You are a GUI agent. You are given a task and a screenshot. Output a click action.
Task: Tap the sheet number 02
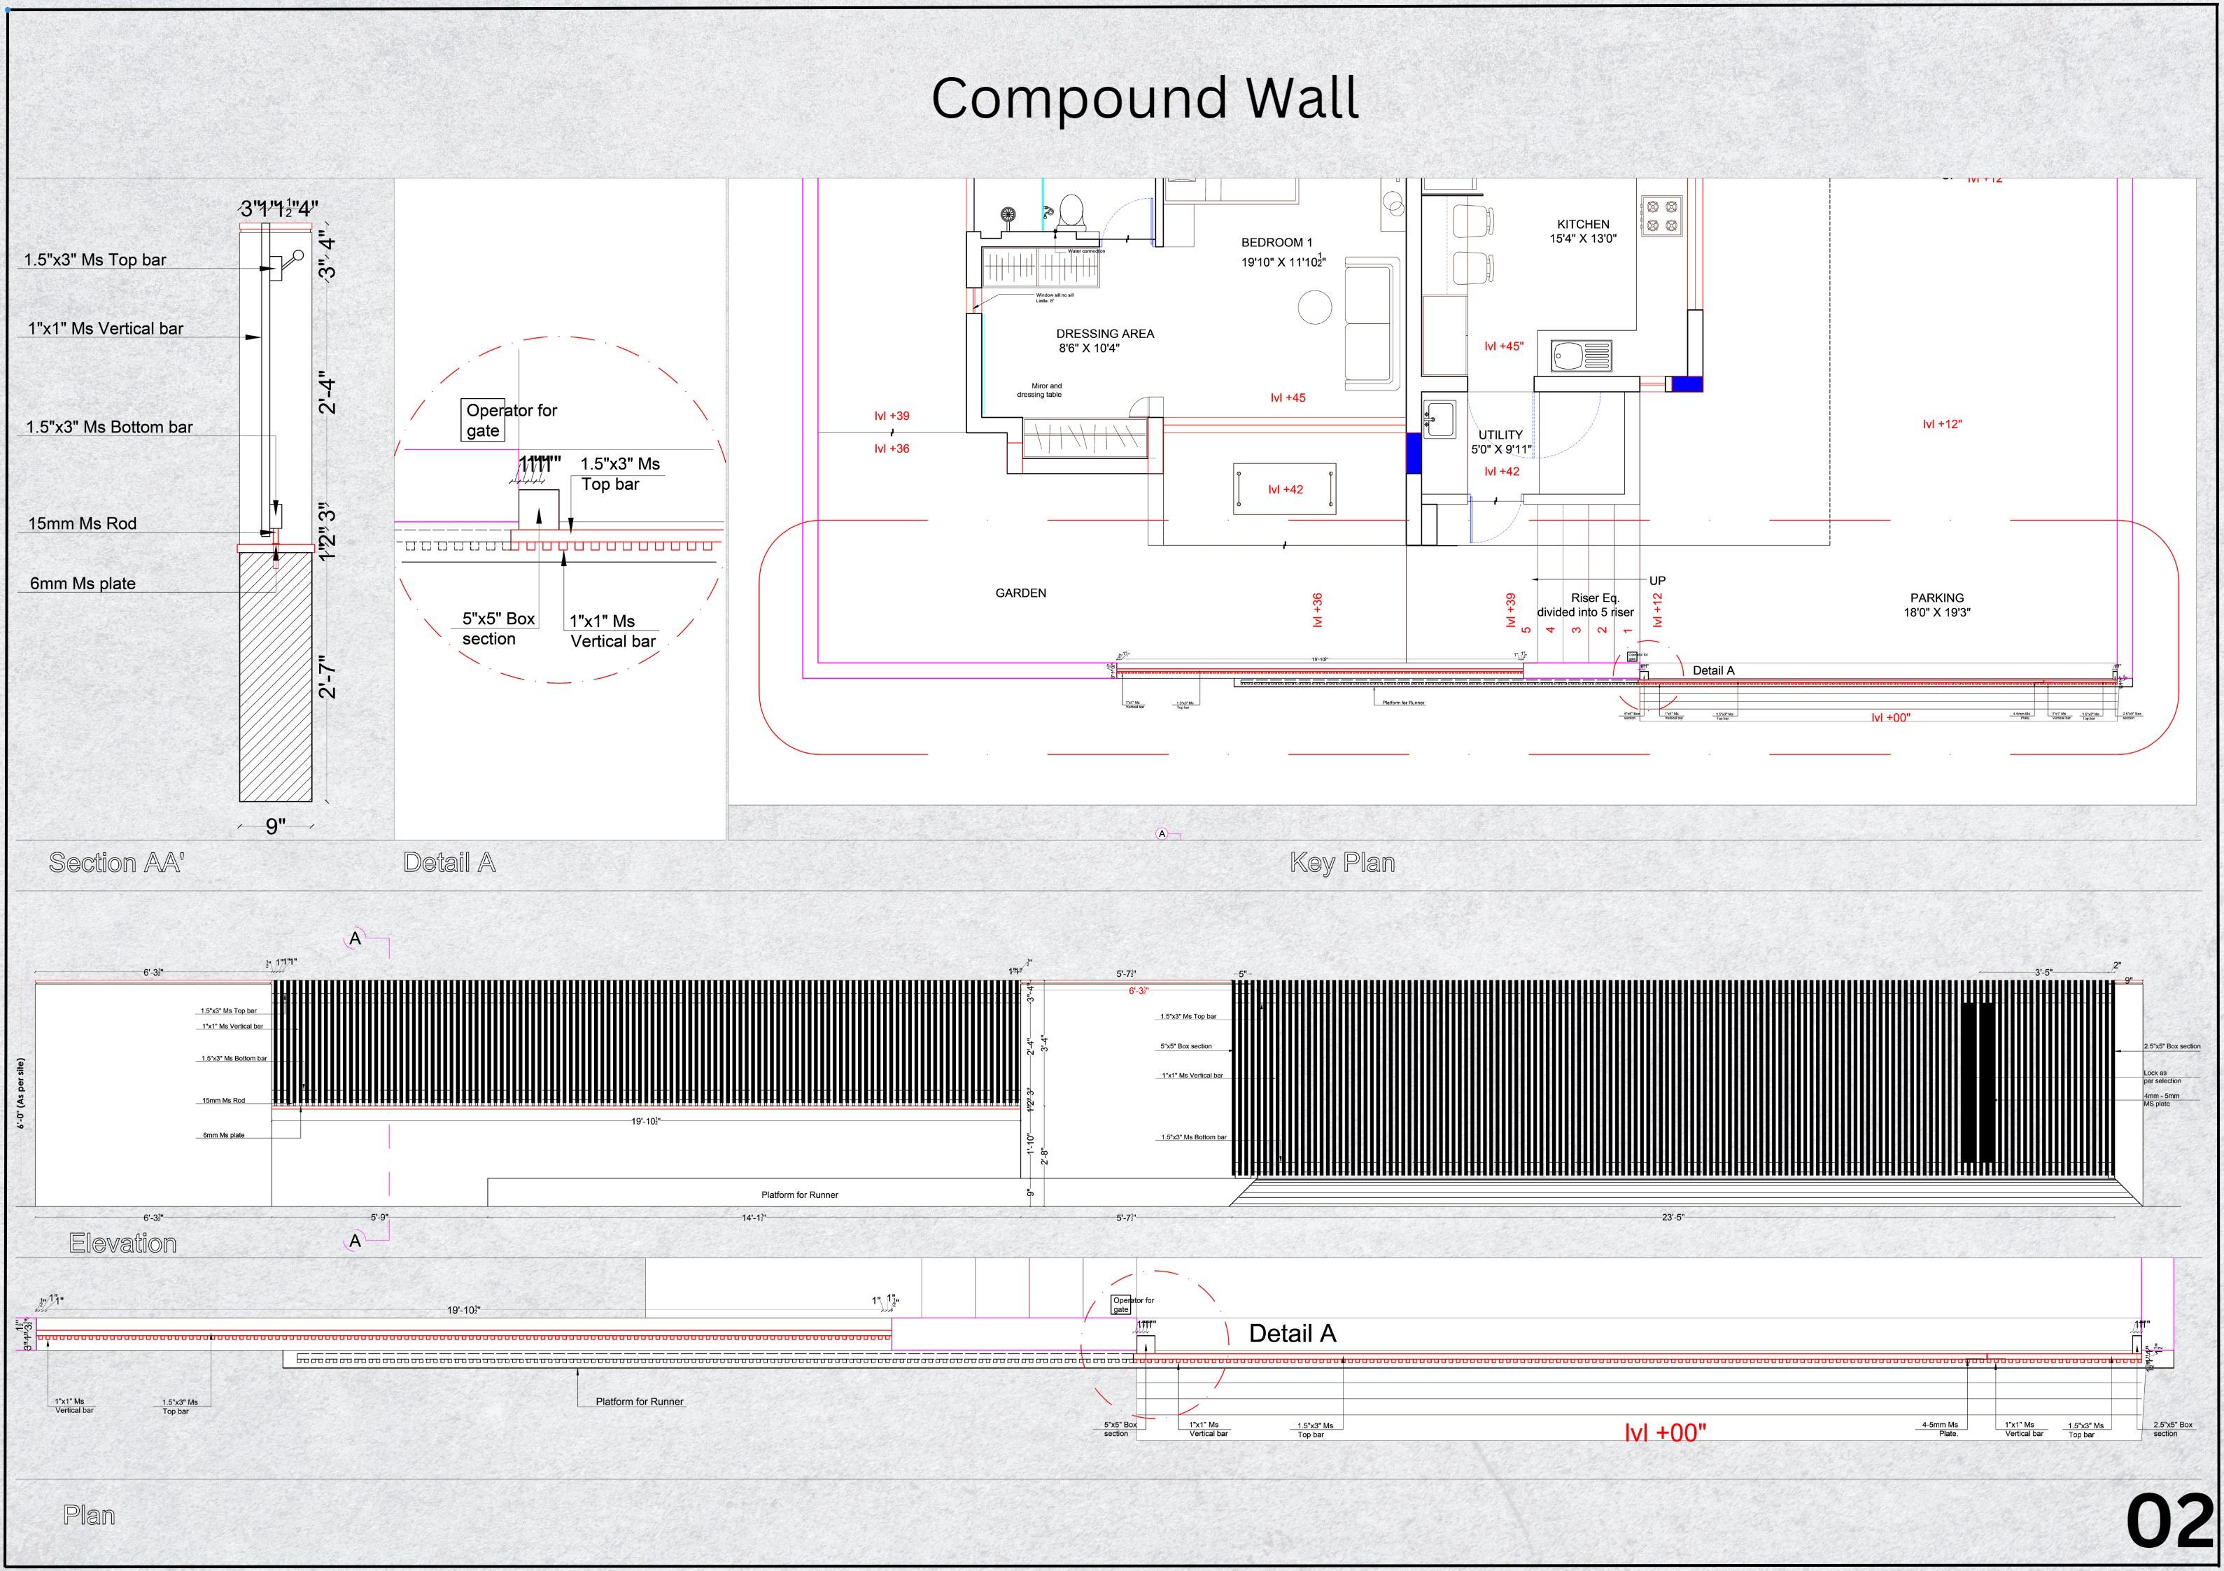point(2169,1523)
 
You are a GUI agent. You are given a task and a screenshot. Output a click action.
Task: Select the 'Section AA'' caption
point(116,863)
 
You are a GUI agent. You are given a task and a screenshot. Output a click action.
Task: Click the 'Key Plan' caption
point(1342,863)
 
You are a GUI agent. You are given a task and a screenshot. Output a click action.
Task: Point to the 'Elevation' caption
point(123,1244)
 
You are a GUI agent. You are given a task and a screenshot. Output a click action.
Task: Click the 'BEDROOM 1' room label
point(1276,243)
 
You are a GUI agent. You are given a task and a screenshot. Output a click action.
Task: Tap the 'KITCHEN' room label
point(1583,225)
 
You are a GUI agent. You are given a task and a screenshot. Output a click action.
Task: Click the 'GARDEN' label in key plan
point(1021,593)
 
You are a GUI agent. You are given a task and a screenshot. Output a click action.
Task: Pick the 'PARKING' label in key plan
point(1937,598)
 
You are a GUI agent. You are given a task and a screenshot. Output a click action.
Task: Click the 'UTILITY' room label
point(1500,435)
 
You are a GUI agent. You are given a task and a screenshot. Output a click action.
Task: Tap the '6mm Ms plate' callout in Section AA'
point(83,584)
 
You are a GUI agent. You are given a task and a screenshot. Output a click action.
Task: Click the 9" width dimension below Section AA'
point(276,826)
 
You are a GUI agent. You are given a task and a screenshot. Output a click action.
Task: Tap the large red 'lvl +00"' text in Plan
point(1665,1432)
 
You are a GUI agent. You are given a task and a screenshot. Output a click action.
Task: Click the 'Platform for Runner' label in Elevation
point(799,1195)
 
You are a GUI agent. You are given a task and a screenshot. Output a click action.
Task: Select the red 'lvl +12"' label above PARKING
point(1942,424)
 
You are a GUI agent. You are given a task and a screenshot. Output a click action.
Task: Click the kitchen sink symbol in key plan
point(1581,355)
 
